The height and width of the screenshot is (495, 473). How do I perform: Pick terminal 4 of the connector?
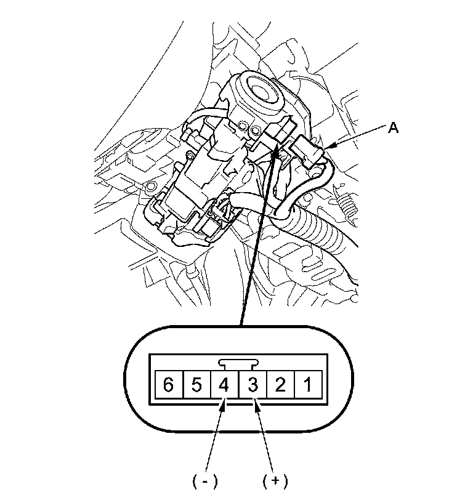click(x=224, y=386)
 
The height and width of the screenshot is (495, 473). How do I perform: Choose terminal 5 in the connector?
click(x=196, y=386)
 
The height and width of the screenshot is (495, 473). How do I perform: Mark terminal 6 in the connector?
click(x=169, y=386)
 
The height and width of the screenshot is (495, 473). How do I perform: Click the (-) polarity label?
click(x=205, y=480)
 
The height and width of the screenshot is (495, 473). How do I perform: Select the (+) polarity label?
click(x=275, y=480)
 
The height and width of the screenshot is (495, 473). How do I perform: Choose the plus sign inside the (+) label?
click(x=275, y=480)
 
